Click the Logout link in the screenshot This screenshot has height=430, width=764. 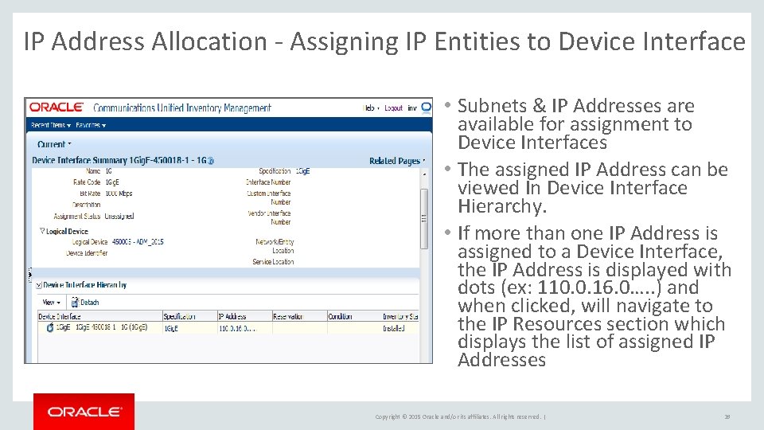click(393, 107)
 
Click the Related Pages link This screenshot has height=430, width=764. click(395, 161)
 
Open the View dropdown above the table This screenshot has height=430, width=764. click(50, 303)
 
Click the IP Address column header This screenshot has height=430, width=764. click(233, 316)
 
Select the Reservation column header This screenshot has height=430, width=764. click(288, 316)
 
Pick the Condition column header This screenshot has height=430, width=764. click(341, 316)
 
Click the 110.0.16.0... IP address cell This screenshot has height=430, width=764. click(237, 327)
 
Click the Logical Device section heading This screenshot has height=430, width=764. click(67, 231)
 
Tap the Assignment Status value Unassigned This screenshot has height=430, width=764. click(119, 216)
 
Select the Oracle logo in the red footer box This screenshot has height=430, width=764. click(84, 412)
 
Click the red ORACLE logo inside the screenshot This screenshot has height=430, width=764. click(57, 107)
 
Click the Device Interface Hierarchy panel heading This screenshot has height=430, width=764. click(84, 285)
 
